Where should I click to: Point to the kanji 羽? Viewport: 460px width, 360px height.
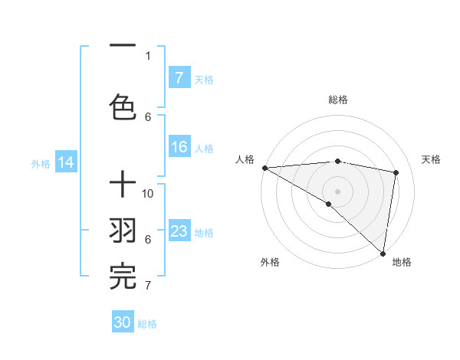coord(123,231)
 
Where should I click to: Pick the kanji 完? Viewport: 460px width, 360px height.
coord(123,276)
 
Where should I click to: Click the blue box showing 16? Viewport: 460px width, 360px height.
coord(179,148)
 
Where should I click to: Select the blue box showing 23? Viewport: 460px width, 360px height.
coord(179,231)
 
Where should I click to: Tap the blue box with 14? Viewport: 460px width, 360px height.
coord(66,162)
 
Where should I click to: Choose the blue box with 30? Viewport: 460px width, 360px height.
coord(123,322)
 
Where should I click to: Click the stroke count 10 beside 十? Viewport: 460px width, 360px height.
coord(149,194)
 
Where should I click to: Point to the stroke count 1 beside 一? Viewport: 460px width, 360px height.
coord(148,55)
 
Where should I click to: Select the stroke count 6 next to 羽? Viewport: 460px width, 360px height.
coord(148,240)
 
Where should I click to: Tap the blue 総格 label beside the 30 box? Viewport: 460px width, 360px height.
coord(147,324)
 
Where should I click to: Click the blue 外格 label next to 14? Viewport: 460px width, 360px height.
coord(41,163)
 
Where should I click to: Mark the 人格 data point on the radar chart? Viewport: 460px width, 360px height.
coord(264,168)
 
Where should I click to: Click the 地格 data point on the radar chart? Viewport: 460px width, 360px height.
coord(383,252)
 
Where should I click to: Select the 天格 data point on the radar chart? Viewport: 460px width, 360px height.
coord(396,172)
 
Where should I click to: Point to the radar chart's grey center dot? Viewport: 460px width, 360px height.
coord(337,190)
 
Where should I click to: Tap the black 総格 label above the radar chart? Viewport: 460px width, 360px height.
coord(337,100)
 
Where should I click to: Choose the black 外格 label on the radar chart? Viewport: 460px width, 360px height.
coord(270,262)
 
